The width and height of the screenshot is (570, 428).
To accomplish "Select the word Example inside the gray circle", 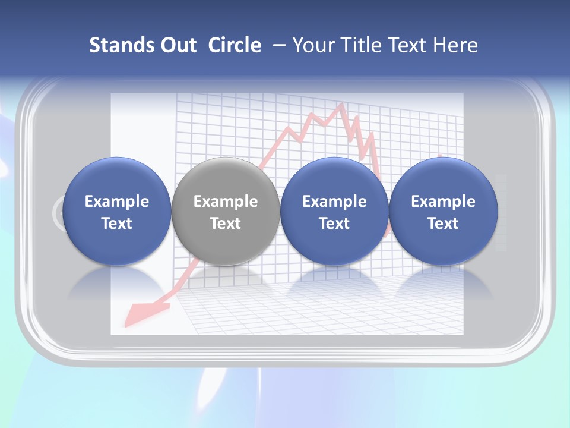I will click(225, 202).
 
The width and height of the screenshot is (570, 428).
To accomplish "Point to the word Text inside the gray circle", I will click(225, 224).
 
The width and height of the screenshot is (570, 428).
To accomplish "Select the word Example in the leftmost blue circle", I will click(116, 202).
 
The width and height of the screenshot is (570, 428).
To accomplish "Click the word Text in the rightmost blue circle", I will click(443, 224).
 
